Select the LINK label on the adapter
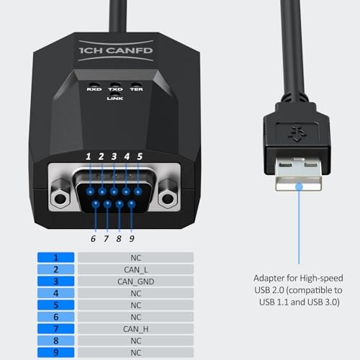(x=114, y=98)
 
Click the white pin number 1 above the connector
(x=88, y=156)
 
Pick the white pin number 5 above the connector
(x=140, y=156)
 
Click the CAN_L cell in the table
(x=135, y=269)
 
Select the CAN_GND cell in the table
(x=135, y=282)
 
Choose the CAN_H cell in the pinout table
(x=135, y=329)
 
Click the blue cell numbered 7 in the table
(x=56, y=329)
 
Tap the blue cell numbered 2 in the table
(x=56, y=269)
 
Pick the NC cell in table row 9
(x=135, y=353)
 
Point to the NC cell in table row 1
(x=135, y=257)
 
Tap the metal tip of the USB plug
(x=297, y=174)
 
